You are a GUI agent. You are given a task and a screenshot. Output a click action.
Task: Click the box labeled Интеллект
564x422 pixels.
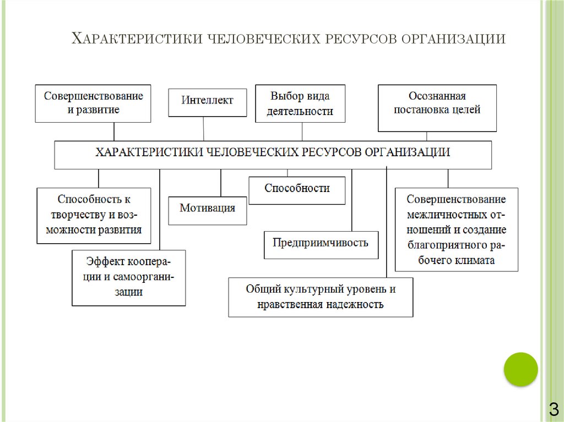coord(208,101)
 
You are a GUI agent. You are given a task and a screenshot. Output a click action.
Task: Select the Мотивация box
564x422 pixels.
coord(207,210)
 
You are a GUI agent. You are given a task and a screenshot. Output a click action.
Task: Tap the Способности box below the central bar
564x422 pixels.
coord(297,190)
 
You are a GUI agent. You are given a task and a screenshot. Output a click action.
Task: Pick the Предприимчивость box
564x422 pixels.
coord(321,244)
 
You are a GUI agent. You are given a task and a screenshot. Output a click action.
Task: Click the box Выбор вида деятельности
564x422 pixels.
coord(300,104)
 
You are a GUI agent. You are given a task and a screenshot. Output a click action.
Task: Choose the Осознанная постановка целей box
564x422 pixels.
coord(437,107)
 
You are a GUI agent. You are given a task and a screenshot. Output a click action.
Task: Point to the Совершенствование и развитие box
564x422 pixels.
coord(93,103)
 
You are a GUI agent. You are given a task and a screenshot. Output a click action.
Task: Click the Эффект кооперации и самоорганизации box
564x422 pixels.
coord(129,277)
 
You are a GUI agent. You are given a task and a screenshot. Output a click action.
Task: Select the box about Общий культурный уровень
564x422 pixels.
coord(321,297)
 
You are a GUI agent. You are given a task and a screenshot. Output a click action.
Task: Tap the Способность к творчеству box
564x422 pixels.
coord(94,215)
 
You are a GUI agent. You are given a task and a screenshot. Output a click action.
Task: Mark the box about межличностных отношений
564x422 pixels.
coord(457,229)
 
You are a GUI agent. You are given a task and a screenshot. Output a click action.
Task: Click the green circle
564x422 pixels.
coord(520,369)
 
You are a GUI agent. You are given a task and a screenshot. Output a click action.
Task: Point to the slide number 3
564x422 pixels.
coord(552,409)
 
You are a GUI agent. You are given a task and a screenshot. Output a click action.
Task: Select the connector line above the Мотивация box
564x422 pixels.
coord(221,182)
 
